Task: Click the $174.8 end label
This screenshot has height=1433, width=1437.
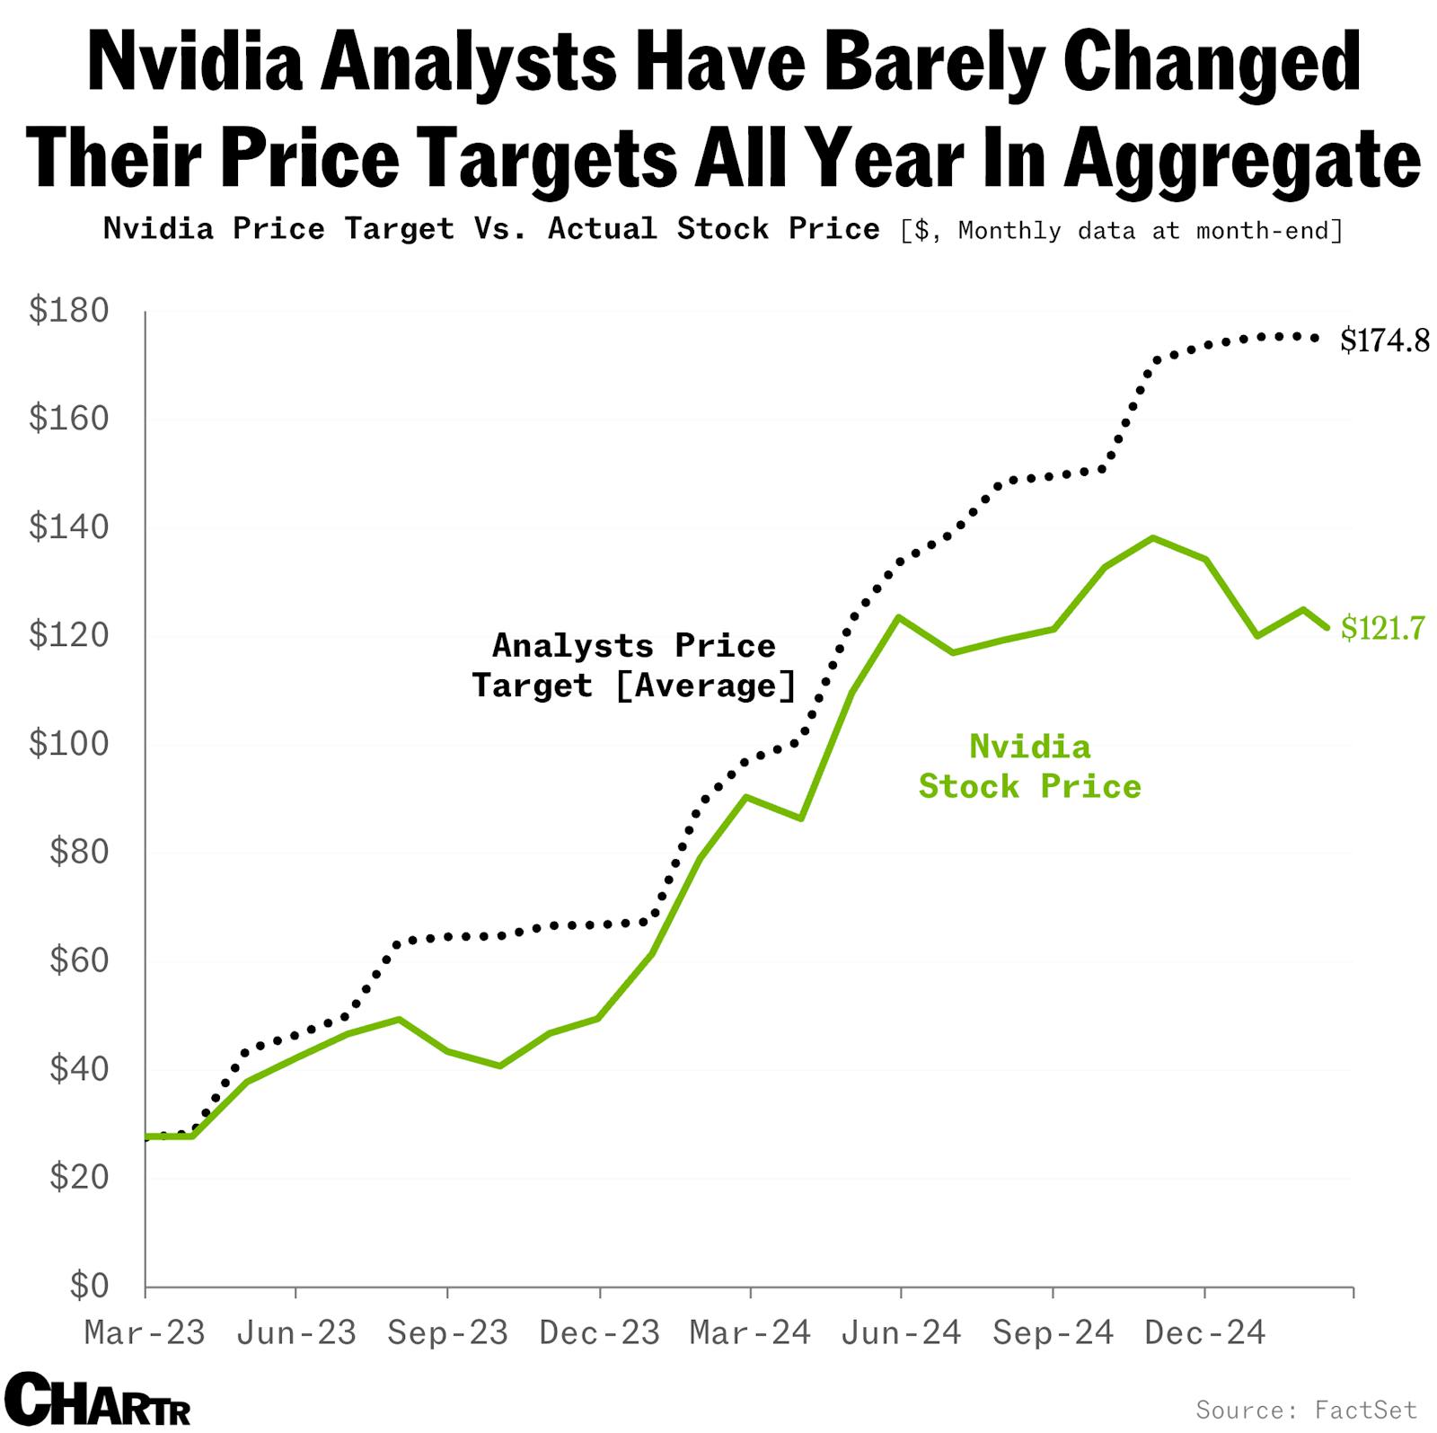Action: (1384, 341)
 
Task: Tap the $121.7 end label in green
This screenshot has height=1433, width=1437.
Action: (1382, 628)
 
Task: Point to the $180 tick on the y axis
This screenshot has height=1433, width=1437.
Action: (68, 311)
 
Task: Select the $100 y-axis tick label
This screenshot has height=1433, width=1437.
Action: (68, 744)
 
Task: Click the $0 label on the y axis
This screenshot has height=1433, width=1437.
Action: (89, 1286)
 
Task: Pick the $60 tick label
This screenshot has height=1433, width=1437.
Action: (78, 960)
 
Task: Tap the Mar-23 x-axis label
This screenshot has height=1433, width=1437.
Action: (145, 1332)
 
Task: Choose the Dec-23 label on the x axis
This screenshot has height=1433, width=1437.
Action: (599, 1332)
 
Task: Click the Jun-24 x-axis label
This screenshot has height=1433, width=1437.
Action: (901, 1332)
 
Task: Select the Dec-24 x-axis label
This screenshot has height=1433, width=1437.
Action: (1204, 1332)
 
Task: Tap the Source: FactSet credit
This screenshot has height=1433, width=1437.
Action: (1306, 1409)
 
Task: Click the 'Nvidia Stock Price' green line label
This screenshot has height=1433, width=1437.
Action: (1029, 766)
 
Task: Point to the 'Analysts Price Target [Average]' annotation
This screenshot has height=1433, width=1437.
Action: (634, 666)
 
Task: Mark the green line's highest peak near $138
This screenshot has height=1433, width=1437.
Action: (1153, 538)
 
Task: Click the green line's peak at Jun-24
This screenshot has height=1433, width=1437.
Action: (898, 616)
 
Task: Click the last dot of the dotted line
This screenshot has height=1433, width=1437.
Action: (1316, 339)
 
